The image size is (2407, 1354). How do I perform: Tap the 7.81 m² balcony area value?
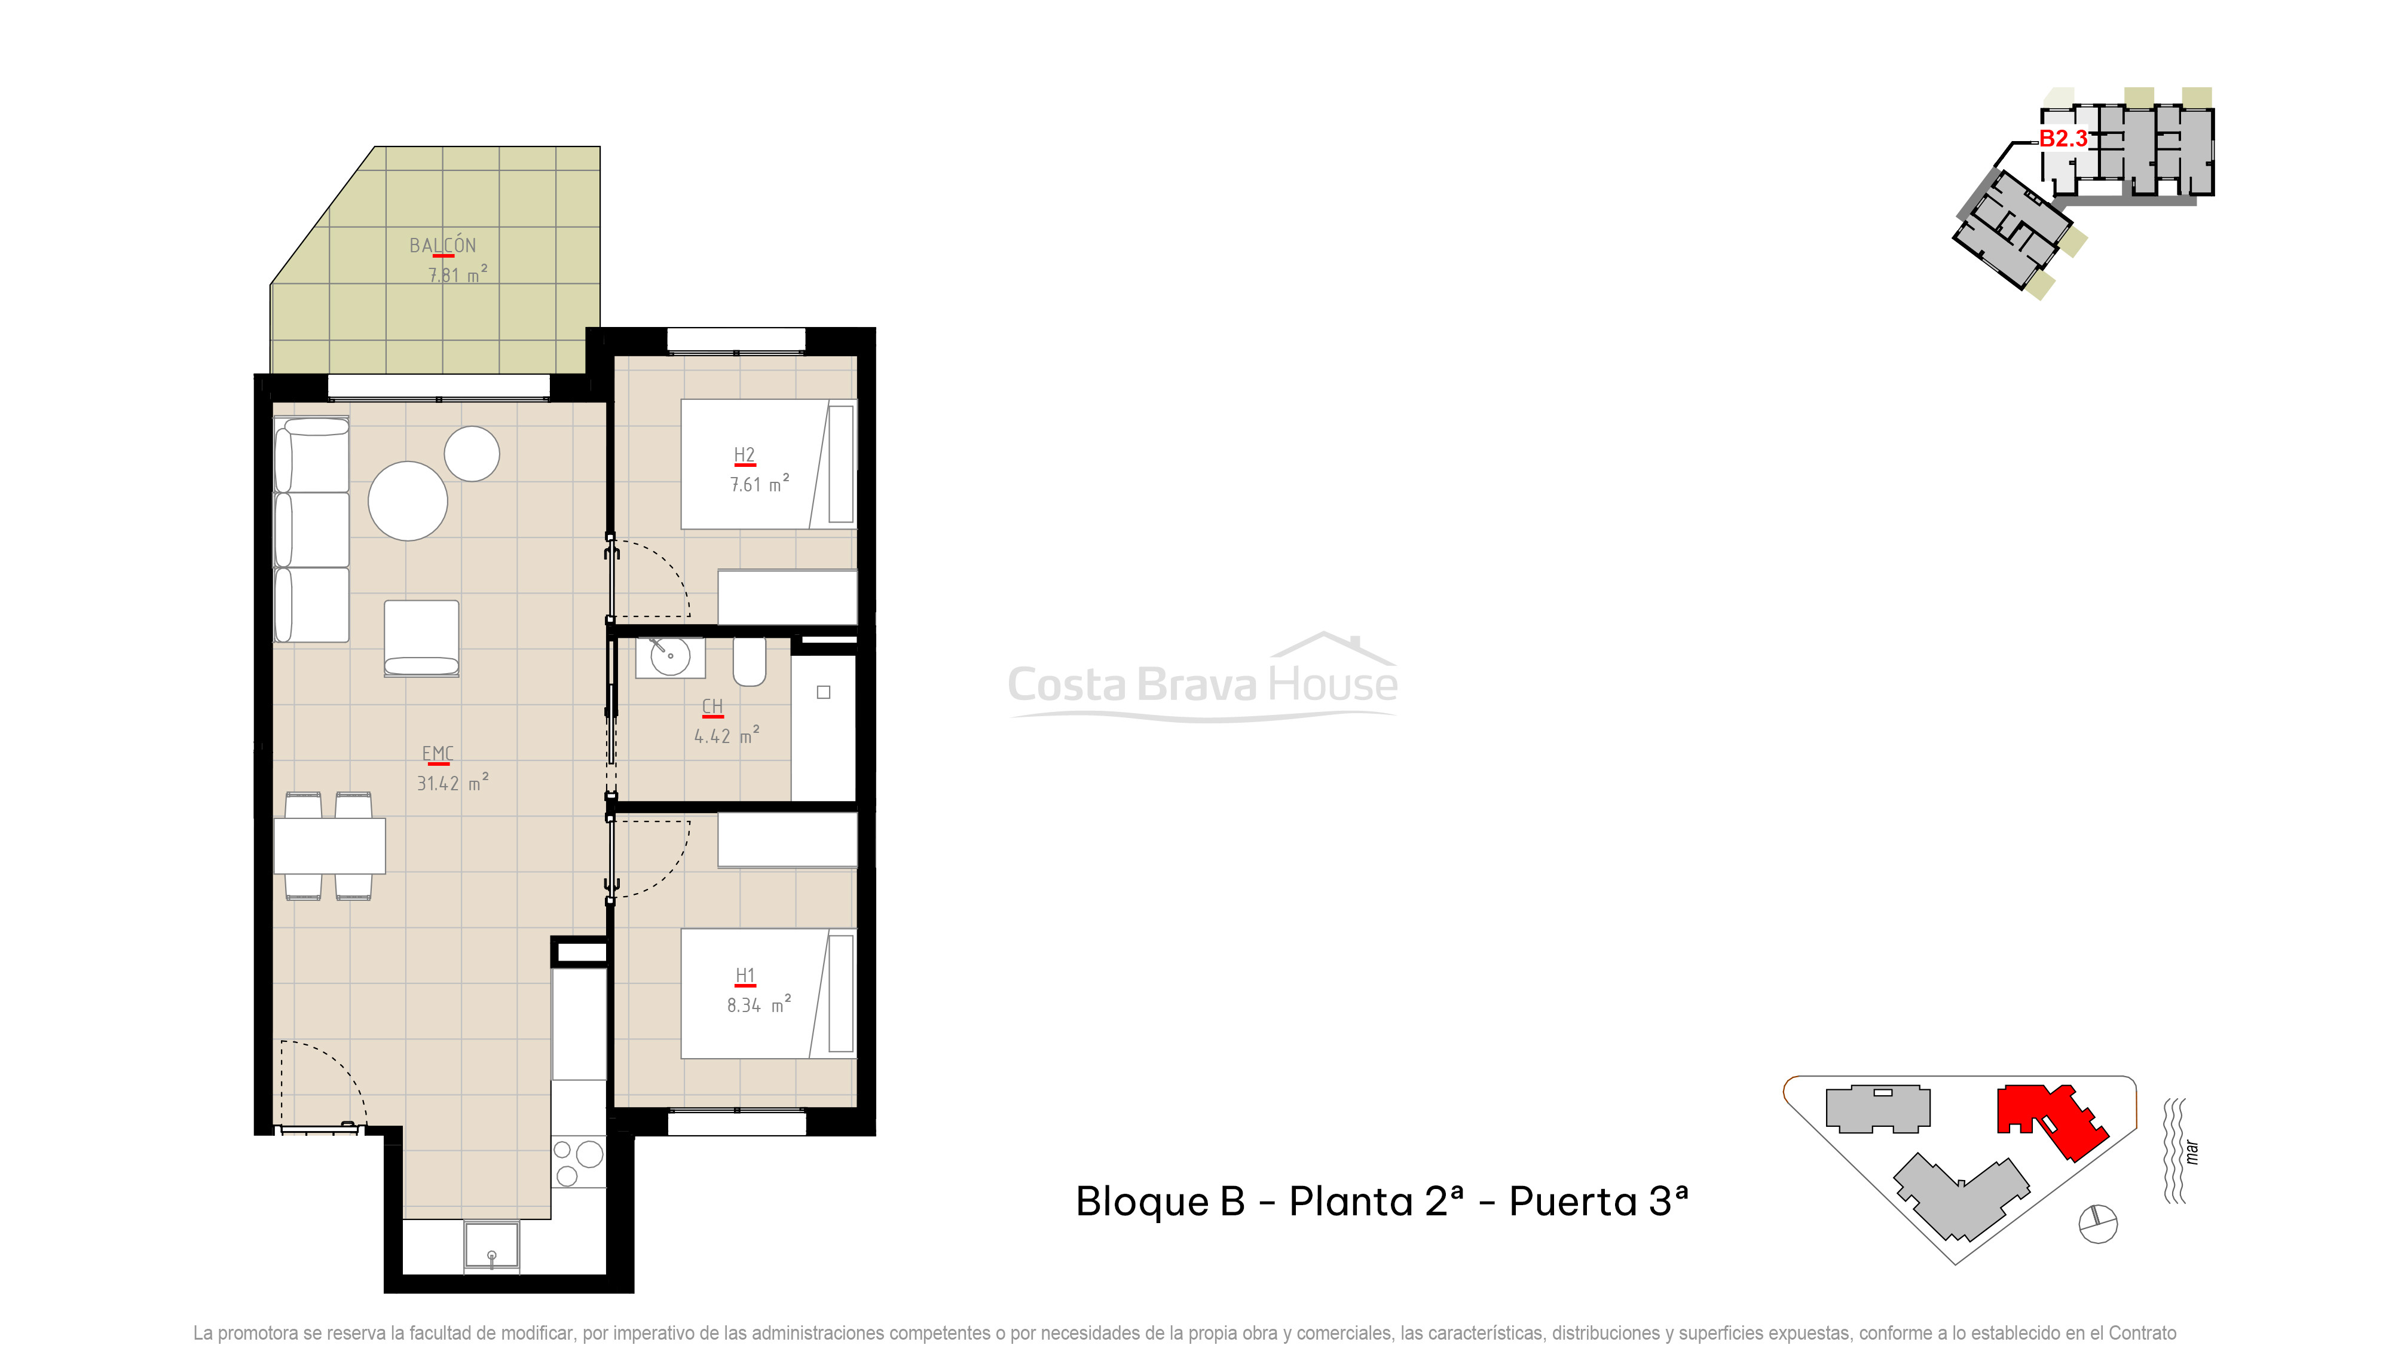coord(457,275)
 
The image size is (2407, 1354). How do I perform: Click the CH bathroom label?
coord(712,707)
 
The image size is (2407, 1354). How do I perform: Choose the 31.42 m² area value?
coord(452,783)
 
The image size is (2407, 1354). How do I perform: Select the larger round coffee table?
coord(408,501)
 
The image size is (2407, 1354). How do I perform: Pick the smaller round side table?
coord(472,454)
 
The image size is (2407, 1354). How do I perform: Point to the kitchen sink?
coord(491,1246)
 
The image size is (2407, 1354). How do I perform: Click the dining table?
coord(329,846)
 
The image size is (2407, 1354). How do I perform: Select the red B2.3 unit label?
coord(2062,138)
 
